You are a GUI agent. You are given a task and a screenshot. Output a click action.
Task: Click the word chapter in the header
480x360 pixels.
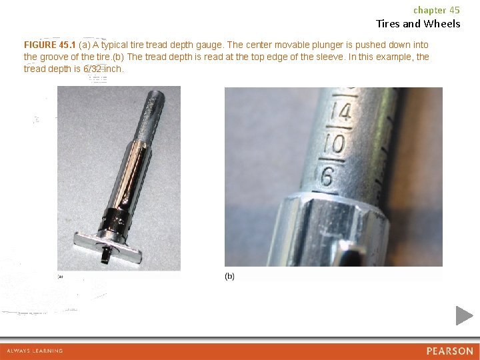430,11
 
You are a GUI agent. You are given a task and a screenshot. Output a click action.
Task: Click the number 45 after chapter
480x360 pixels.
455,10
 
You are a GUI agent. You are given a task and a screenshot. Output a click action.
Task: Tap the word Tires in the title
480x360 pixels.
388,23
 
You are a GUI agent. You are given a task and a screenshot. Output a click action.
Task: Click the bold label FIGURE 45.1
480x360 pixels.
49,45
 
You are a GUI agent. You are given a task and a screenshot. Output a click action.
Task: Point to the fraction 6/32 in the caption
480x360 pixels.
92,69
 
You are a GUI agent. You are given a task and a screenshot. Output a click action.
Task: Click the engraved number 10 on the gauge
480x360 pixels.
335,143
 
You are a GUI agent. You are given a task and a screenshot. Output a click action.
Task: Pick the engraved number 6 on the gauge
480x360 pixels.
327,176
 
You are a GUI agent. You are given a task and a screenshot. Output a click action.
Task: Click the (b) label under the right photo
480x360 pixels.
229,276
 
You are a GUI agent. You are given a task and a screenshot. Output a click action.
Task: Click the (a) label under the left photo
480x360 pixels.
60,277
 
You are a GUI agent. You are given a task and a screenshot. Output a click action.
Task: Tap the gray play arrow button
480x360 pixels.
464,315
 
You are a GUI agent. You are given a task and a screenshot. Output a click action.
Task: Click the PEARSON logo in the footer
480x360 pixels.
450,351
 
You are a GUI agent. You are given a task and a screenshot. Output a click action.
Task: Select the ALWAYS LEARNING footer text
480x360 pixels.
35,351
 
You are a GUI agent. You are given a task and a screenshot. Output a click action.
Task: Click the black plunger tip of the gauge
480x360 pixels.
105,256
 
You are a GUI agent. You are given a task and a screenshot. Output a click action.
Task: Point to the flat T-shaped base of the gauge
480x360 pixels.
108,247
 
